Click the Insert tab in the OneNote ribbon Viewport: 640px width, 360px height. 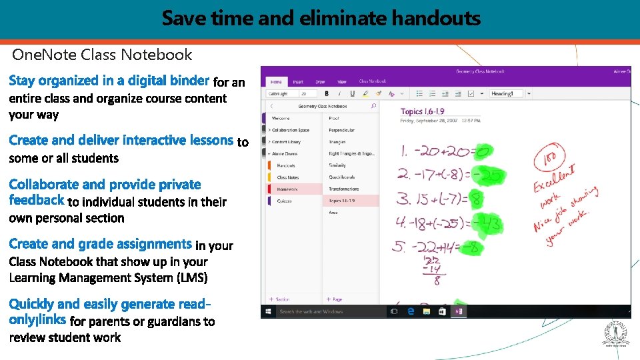[298, 82]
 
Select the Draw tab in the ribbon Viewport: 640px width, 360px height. [320, 82]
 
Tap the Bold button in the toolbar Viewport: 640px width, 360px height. [327, 94]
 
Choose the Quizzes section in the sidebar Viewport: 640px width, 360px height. [285, 201]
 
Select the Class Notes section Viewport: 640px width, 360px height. [288, 177]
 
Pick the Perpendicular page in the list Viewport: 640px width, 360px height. [341, 130]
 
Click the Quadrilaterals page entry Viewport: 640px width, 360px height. [343, 177]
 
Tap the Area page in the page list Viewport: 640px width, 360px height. [333, 213]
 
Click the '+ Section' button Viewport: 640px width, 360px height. [279, 299]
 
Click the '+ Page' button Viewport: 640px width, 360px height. [333, 299]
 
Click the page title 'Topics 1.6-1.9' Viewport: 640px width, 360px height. [422, 111]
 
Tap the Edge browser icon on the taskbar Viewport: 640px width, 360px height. [411, 311]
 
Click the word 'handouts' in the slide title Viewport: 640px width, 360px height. [436, 18]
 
